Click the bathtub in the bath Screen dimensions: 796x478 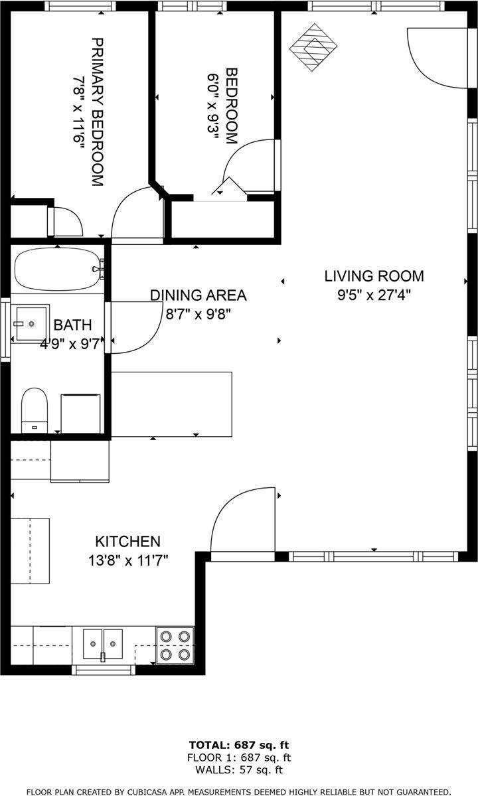57,270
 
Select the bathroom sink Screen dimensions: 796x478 32,323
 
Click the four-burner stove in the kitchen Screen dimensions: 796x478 175,645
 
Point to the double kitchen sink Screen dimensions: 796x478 103,643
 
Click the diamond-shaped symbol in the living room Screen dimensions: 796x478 313,46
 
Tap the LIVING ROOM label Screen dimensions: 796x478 373,276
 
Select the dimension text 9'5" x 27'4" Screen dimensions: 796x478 373,295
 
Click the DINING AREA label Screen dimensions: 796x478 198,295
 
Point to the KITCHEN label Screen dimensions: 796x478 127,541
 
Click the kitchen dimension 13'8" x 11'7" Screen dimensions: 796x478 127,560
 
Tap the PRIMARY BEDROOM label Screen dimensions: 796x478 97,112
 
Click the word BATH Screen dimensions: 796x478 72,325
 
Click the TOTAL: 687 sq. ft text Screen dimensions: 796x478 239,745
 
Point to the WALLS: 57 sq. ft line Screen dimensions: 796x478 239,770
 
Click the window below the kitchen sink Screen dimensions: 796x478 103,670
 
